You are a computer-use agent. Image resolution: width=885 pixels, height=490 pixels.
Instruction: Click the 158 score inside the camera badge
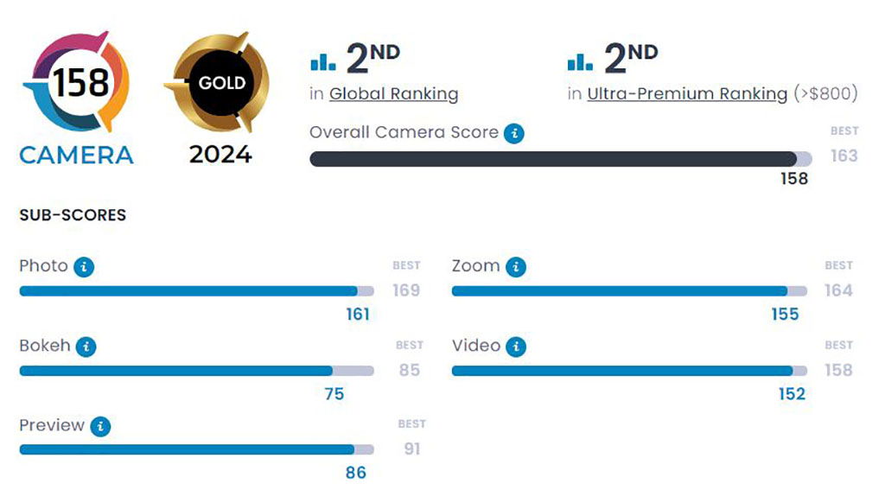81,83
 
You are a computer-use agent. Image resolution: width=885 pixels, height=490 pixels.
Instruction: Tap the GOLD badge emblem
221,83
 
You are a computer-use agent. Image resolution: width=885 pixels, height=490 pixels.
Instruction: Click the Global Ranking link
393,94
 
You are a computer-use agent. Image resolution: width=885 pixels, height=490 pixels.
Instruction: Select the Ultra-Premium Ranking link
687,94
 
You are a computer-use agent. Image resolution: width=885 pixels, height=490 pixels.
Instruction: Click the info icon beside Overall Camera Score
514,133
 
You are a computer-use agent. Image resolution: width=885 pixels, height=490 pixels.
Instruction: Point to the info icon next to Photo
84,267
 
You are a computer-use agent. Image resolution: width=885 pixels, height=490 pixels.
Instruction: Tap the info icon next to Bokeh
86,347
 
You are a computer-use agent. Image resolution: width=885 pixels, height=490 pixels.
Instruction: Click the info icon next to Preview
100,426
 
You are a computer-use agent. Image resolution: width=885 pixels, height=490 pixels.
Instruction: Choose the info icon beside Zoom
515,267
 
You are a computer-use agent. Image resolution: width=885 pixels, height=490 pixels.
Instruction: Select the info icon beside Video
515,347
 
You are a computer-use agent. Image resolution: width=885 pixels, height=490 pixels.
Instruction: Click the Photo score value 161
358,315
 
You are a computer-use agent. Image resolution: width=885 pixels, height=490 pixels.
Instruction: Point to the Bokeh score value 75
334,394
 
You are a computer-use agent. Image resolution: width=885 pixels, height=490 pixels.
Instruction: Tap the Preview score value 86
355,473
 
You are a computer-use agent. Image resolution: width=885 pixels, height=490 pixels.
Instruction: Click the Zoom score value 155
785,315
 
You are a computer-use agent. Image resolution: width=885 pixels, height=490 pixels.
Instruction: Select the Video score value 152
791,394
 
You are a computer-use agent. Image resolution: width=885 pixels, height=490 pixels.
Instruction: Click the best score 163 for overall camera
844,156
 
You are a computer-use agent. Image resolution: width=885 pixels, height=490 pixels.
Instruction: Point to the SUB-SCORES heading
73,215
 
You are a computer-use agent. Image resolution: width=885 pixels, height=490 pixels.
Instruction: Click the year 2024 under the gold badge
220,155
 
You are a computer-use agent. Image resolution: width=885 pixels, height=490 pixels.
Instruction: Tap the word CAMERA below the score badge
76,155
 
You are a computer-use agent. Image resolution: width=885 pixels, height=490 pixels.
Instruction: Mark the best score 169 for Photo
406,290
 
